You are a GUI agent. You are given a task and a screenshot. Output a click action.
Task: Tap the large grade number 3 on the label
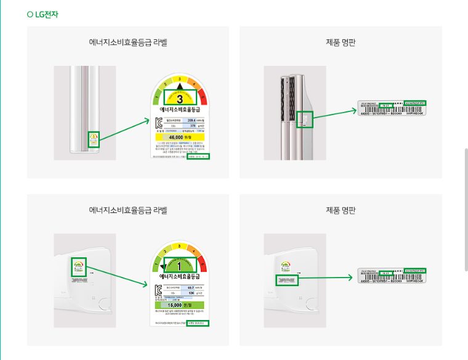(180, 98)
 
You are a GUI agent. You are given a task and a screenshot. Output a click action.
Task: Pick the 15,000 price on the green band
(179, 304)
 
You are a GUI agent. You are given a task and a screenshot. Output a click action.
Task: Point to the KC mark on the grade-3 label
(158, 122)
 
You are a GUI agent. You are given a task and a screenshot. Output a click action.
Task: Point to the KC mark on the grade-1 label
(158, 289)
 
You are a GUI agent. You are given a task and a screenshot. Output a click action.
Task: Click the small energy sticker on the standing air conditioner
(94, 139)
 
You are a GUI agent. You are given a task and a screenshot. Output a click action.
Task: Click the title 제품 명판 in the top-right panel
(341, 42)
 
